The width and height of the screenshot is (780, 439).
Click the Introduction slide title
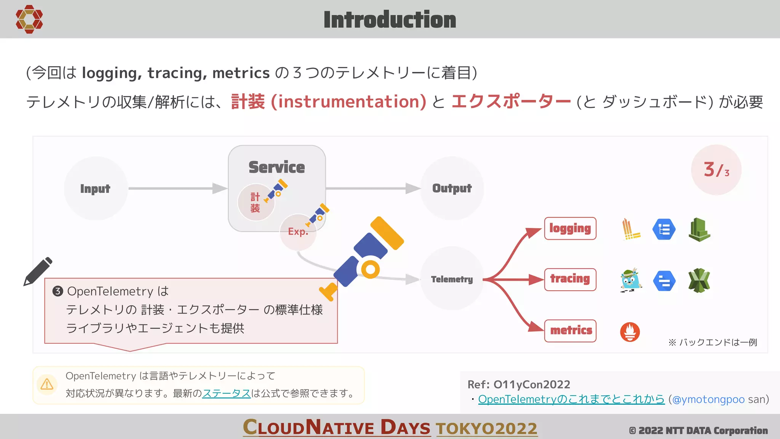tap(390, 20)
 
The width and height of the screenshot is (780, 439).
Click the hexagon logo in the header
tap(29, 19)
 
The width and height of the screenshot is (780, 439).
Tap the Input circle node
tap(95, 188)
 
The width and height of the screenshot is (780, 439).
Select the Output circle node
tap(452, 188)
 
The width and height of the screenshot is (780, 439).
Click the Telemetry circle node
tap(452, 279)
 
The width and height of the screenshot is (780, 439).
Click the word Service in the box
tap(277, 167)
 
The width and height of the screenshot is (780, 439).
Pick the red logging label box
tap(570, 228)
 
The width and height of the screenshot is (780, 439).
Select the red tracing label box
tap(570, 279)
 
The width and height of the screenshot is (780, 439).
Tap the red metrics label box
tap(571, 330)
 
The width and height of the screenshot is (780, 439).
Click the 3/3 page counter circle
tap(716, 170)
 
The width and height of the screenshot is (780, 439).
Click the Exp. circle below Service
tap(297, 232)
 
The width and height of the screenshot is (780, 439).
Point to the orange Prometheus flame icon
tap(630, 332)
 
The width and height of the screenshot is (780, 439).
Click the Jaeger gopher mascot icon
tap(630, 280)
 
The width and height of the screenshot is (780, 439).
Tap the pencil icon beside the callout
tap(38, 271)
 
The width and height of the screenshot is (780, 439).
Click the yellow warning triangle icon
tap(47, 384)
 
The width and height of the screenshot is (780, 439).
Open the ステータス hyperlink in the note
tap(226, 393)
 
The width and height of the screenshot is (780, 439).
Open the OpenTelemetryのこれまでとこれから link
tap(571, 399)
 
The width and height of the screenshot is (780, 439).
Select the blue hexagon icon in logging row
tap(664, 229)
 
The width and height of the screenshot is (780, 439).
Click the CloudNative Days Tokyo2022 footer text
tap(390, 428)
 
